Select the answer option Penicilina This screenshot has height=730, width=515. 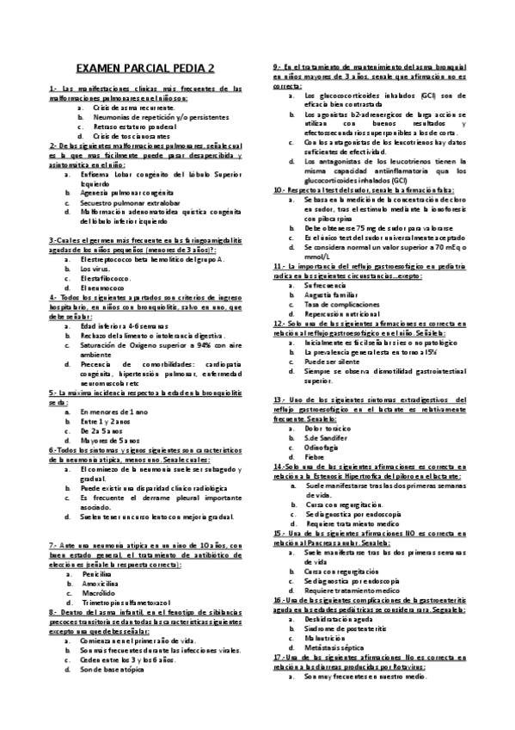click(x=98, y=573)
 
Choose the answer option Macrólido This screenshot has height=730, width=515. click(x=99, y=593)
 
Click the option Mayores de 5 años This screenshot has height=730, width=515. click(x=109, y=440)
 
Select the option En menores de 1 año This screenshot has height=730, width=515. click(x=113, y=411)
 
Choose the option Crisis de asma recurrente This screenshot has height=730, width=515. click(x=124, y=107)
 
